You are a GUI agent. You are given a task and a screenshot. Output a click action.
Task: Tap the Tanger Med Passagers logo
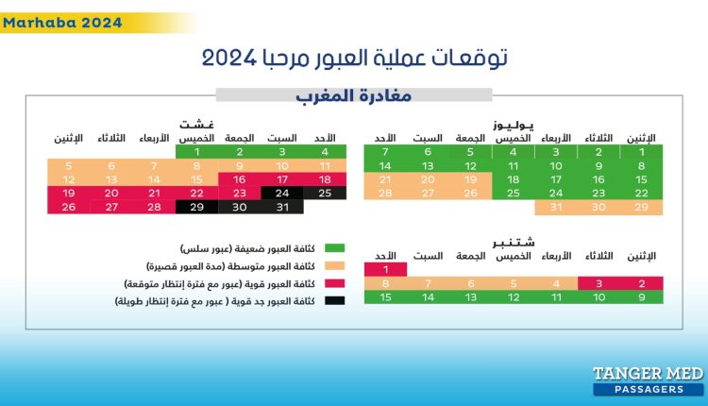click(648, 380)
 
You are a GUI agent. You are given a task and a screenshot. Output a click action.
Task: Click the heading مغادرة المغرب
click(354, 95)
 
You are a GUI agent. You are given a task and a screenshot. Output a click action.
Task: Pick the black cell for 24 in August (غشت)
click(281, 193)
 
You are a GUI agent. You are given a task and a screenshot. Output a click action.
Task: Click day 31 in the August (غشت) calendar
click(281, 207)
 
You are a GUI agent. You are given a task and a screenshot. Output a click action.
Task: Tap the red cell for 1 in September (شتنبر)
click(384, 269)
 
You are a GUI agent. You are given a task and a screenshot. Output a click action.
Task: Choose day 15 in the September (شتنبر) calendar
click(384, 296)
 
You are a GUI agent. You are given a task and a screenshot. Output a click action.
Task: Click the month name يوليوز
click(514, 125)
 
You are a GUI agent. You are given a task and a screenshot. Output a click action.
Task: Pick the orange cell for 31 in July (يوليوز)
click(556, 207)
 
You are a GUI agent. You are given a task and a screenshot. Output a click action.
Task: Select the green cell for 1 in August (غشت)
click(196, 151)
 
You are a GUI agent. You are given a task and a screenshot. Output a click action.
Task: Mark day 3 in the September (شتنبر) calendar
click(598, 283)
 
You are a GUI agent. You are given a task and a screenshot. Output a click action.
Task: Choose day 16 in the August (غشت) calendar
click(239, 179)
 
